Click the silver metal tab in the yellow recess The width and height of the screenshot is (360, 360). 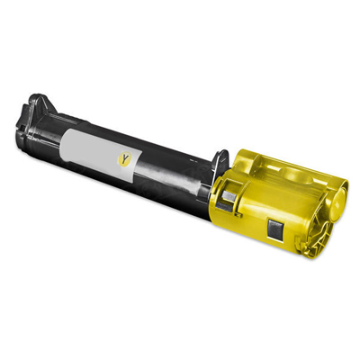[x=229, y=196]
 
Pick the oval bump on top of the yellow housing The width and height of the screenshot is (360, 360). [x=295, y=174]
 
